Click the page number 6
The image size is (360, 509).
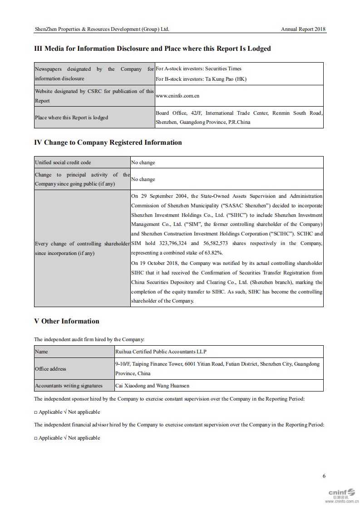[x=324, y=476]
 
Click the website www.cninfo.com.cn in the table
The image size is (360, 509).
[x=178, y=96]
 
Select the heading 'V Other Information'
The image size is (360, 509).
[x=67, y=321]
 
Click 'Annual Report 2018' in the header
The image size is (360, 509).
[x=303, y=29]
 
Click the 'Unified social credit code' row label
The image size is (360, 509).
[x=63, y=162]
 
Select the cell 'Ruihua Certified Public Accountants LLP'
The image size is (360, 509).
[x=161, y=352]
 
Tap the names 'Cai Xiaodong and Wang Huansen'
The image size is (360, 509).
[x=152, y=386]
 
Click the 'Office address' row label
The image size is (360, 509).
[x=50, y=369]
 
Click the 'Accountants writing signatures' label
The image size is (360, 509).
[x=69, y=386]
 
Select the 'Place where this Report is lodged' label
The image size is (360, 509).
[x=71, y=117]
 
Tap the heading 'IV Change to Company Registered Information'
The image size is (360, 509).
[x=108, y=142]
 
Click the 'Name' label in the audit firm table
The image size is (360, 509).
[x=41, y=352]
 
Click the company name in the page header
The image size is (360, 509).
[x=102, y=29]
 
